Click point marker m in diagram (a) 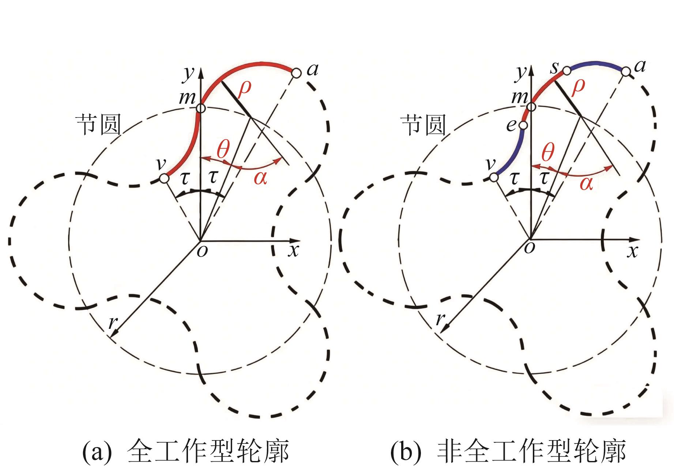coord(201,108)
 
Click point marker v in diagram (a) coord(164,179)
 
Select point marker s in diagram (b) coord(566,71)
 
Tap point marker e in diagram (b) coord(523,125)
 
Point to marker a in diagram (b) coord(626,71)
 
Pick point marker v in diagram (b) coord(494,178)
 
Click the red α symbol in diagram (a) coord(260,178)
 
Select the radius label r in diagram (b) coord(440,319)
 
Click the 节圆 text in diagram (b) coord(424,125)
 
